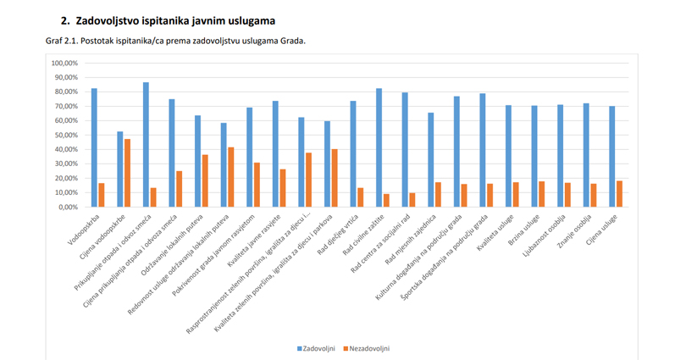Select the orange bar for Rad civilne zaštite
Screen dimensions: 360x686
coord(386,200)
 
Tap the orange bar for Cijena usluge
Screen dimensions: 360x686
coord(619,194)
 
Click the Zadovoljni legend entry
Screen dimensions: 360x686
coord(318,348)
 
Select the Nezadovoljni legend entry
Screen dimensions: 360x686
coord(369,348)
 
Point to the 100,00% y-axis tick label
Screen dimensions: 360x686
coord(64,63)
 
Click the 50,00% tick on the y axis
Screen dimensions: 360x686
coord(65,135)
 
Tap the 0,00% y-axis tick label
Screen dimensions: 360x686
coord(68,207)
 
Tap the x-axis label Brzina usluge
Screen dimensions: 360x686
coord(522,229)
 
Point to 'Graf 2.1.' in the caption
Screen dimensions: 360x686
coord(62,40)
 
